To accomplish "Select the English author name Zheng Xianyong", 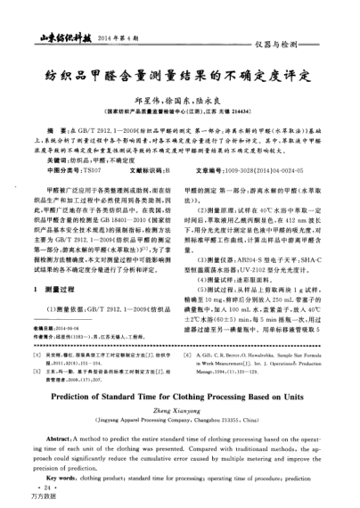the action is click(180, 415).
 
